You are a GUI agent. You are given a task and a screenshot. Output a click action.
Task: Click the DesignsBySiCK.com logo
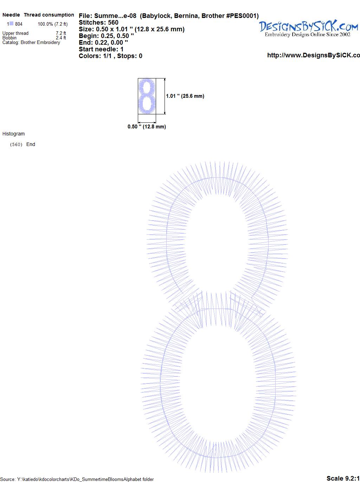308,28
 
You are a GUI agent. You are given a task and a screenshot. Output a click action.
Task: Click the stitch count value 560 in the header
113,23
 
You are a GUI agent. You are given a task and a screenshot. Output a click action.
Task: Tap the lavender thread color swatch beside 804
11,24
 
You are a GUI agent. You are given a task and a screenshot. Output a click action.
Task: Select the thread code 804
19,24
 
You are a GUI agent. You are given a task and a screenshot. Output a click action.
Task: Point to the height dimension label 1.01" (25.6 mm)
185,96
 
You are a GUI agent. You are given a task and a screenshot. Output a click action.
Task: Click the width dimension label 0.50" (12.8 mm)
147,127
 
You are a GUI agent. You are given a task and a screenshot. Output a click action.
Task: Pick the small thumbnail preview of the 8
147,96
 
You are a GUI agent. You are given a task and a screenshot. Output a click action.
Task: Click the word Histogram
13,134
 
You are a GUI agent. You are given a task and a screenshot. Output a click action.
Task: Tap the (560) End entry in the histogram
22,144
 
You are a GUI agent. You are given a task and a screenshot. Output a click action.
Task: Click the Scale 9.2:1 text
343,478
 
